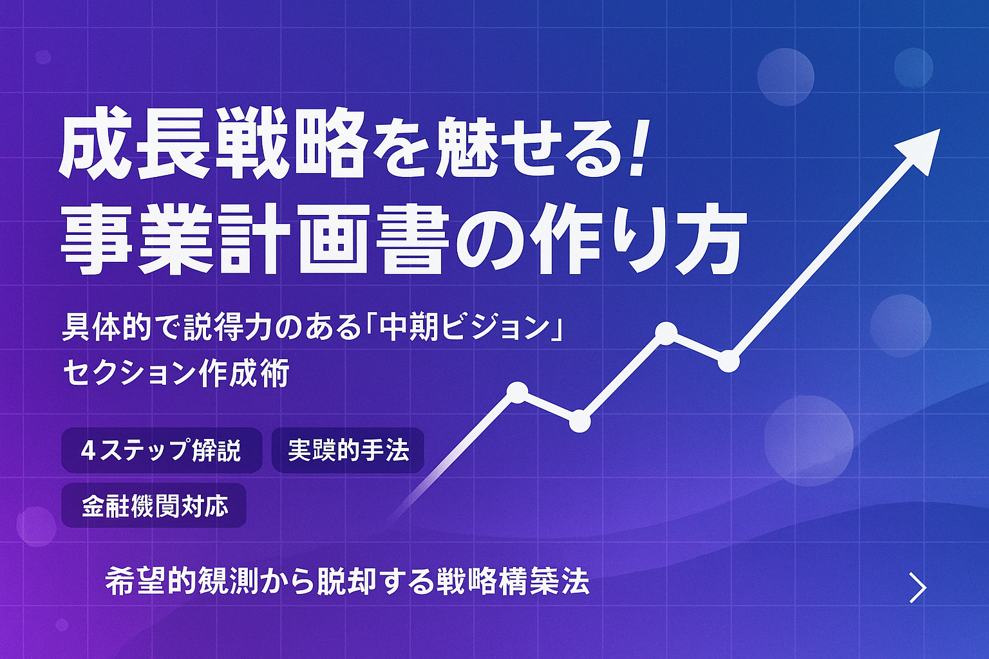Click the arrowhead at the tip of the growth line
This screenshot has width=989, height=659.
[x=922, y=149]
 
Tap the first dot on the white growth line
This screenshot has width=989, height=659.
[x=518, y=391]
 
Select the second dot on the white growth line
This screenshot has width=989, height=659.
[x=579, y=422]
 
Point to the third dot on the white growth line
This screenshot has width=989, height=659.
[x=666, y=332]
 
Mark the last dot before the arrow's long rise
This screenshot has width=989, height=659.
[x=728, y=361]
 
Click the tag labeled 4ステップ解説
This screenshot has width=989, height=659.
[x=162, y=450]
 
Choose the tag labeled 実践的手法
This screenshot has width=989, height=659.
[x=348, y=450]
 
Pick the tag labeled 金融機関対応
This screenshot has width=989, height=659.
[x=155, y=506]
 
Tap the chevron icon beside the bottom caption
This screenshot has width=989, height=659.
[x=918, y=587]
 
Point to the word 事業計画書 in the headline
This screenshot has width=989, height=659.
[x=254, y=241]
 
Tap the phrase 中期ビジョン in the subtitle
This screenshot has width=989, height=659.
[x=463, y=328]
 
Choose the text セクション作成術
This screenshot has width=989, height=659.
[x=176, y=373]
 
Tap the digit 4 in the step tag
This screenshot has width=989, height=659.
[x=88, y=450]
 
